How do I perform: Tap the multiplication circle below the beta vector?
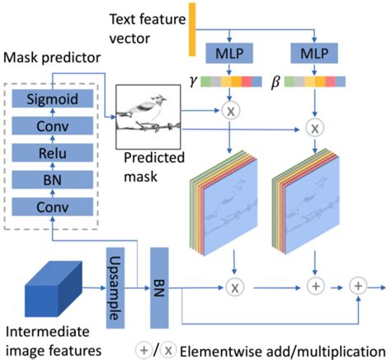pyautogui.click(x=317, y=129)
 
